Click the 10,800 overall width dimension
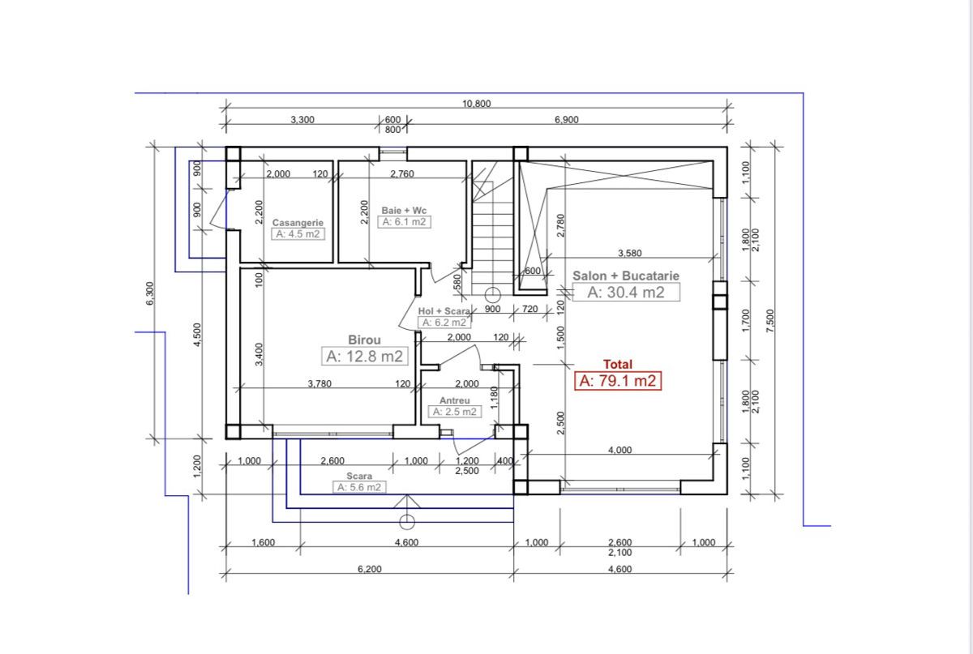click(x=477, y=104)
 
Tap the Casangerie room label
click(x=298, y=222)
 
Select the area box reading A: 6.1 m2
click(x=404, y=222)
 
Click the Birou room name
click(x=364, y=340)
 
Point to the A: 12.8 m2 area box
click(x=364, y=356)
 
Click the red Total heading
click(x=618, y=365)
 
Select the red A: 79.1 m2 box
click(x=618, y=381)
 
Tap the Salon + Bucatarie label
click(x=625, y=276)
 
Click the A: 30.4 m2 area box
click(x=626, y=293)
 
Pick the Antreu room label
click(x=455, y=400)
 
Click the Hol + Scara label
click(x=444, y=311)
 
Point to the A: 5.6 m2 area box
click(x=359, y=487)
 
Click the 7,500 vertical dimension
click(x=770, y=321)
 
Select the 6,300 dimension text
click(x=149, y=293)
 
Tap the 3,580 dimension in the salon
click(x=629, y=253)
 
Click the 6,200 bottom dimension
click(x=369, y=569)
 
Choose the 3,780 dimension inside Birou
click(x=319, y=383)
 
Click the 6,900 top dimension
click(x=567, y=120)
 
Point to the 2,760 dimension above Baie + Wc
click(x=402, y=174)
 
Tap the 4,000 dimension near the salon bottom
click(x=619, y=450)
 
